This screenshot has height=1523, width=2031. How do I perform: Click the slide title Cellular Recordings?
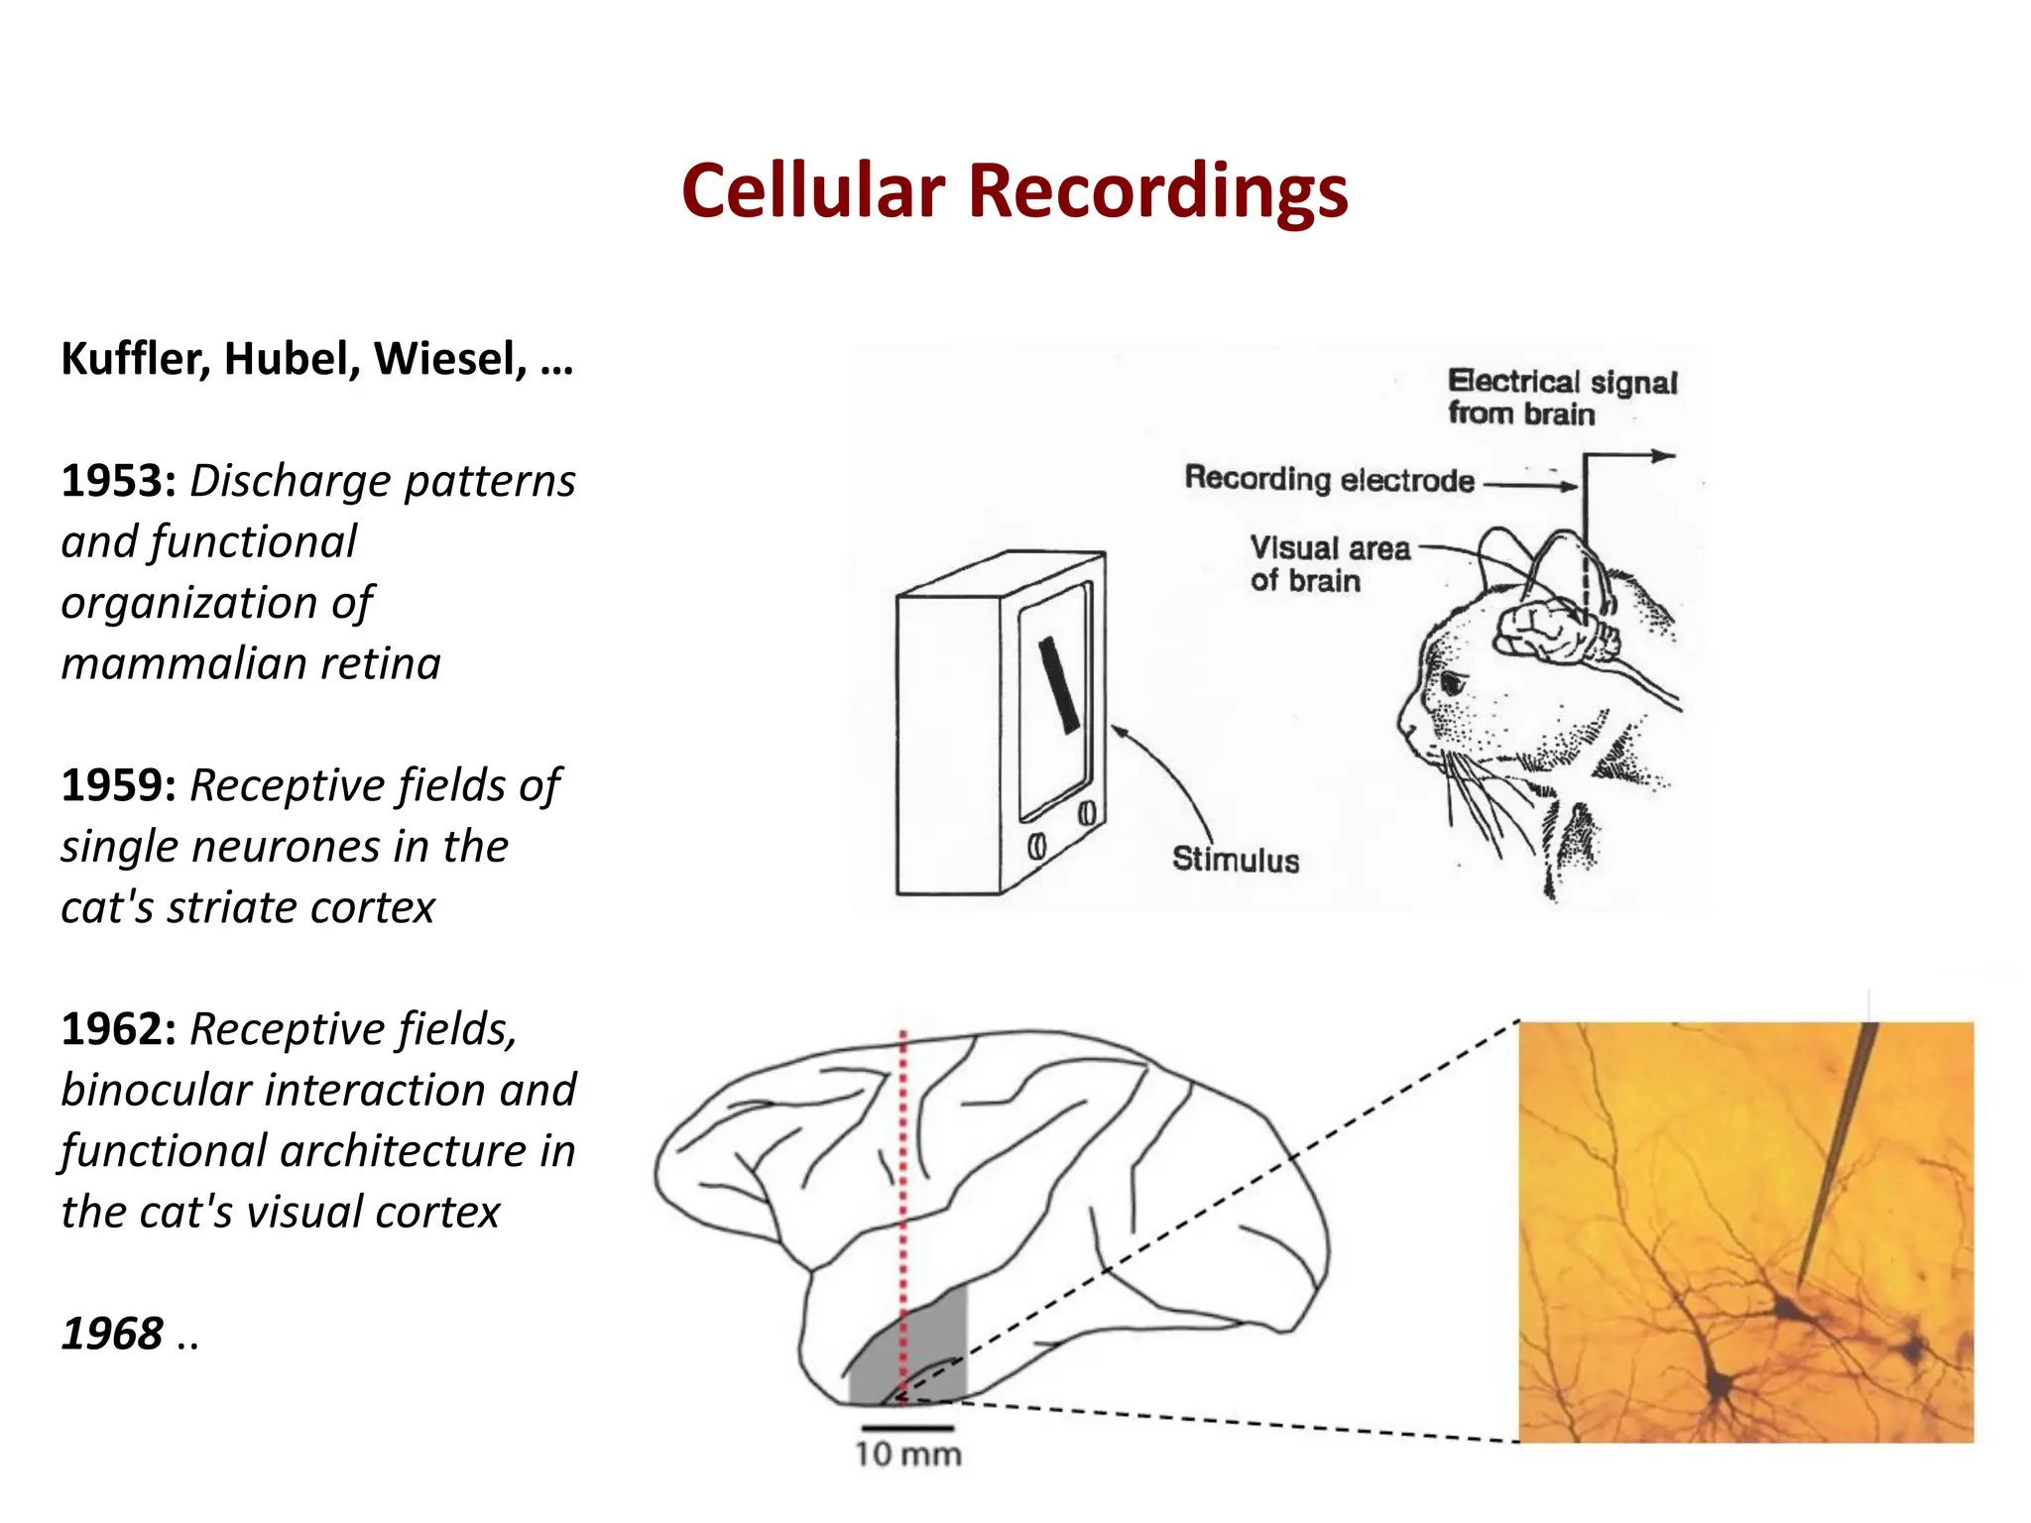point(1015,190)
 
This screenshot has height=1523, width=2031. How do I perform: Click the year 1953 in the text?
point(118,482)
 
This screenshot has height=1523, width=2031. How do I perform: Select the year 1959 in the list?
point(118,786)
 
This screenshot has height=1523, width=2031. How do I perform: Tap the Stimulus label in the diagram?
point(1235,860)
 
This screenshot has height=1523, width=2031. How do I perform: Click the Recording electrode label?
point(1329,480)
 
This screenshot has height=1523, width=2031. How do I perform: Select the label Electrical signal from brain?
point(1561,397)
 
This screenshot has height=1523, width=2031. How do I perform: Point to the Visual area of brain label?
point(1328,563)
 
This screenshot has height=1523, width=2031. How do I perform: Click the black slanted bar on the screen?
point(1058,684)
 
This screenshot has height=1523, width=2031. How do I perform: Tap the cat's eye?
point(1453,683)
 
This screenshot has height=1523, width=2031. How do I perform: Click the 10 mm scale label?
point(908,1455)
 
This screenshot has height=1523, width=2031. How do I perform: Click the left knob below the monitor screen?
point(1037,846)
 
